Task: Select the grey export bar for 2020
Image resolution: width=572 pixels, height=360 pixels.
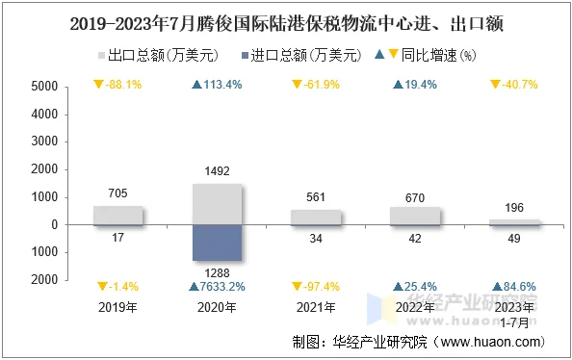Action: click(x=218, y=204)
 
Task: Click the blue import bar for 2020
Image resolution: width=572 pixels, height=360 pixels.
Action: click(x=218, y=243)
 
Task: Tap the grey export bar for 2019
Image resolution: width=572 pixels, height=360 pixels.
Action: click(x=118, y=215)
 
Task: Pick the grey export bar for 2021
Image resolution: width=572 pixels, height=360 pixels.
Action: click(x=317, y=217)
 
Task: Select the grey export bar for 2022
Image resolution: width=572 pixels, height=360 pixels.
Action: click(x=416, y=216)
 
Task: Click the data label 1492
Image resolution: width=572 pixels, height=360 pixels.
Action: click(x=218, y=172)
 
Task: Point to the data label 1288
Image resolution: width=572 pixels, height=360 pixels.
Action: click(x=218, y=272)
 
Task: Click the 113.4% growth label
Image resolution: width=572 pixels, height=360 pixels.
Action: click(x=218, y=85)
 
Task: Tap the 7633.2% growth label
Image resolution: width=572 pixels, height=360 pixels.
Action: click(x=218, y=287)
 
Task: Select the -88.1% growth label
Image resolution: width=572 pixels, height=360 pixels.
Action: click(x=118, y=85)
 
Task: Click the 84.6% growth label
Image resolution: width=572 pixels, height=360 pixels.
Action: click(x=514, y=287)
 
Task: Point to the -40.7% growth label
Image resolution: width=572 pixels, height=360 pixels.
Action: click(x=514, y=85)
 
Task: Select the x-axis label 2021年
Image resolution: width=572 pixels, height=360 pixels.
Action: click(x=317, y=307)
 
